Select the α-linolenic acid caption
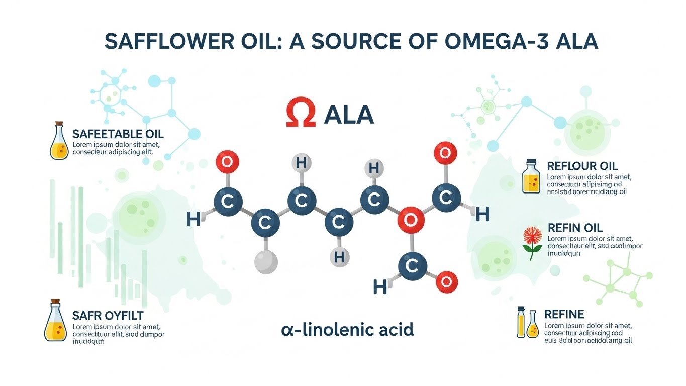(347, 330)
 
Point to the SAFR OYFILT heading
(108, 316)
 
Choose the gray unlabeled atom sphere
(266, 262)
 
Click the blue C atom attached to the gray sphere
(265, 223)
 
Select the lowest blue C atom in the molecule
(412, 266)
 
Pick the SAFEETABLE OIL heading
(118, 134)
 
